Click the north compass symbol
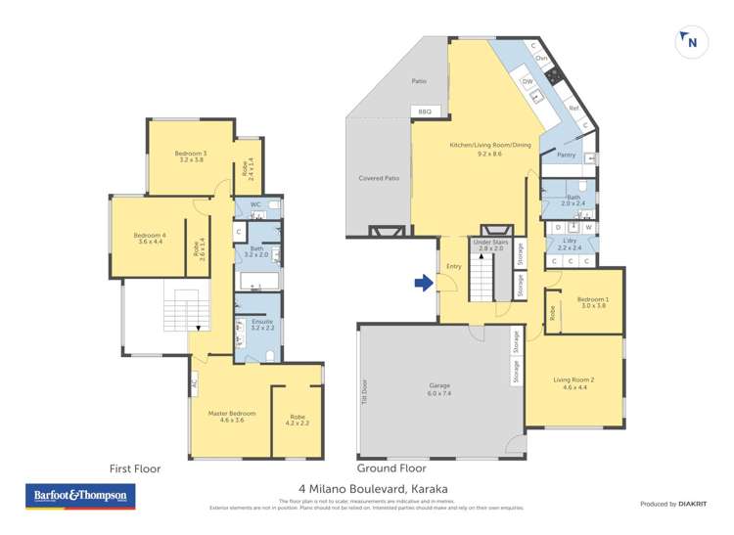tap(691, 41)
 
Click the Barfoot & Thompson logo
tap(80, 496)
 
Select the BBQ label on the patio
tap(424, 112)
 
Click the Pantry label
tap(565, 155)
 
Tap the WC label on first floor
tap(254, 205)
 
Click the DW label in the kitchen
tap(527, 82)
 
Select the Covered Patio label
tap(378, 178)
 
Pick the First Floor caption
tap(136, 468)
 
